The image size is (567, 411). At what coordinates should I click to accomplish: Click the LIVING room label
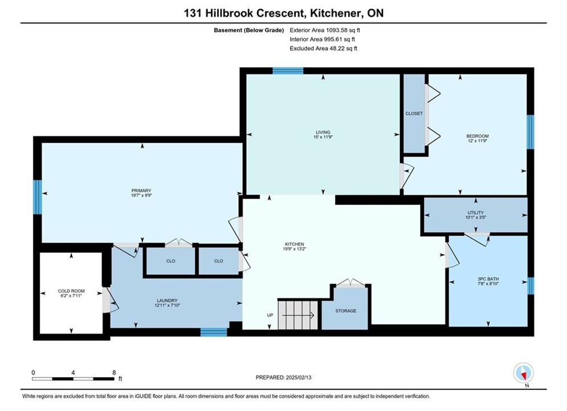click(x=323, y=132)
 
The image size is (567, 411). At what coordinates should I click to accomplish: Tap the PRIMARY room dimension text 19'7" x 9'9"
click(x=141, y=195)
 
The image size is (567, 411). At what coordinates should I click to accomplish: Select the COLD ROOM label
click(x=71, y=291)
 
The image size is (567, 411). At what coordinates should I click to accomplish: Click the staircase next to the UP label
click(x=297, y=315)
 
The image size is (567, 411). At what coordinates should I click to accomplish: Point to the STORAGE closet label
click(x=346, y=311)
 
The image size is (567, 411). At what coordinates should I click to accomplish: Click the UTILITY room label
click(x=475, y=212)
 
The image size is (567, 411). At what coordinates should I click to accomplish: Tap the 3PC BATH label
click(x=488, y=279)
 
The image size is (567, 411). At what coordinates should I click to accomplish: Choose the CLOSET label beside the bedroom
click(x=414, y=114)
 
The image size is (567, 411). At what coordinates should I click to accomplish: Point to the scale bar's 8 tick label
click(x=115, y=372)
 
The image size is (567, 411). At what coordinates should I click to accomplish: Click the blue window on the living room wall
click(x=288, y=71)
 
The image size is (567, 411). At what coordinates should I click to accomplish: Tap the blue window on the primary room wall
click(x=38, y=197)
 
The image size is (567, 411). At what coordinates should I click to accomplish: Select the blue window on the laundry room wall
click(x=214, y=332)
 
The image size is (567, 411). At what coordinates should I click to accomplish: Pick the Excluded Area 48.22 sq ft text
click(x=323, y=48)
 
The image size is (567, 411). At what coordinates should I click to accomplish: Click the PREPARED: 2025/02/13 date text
click(x=284, y=377)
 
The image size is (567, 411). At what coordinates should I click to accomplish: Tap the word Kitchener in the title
click(x=335, y=13)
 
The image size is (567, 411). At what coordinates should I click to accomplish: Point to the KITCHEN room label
click(x=295, y=244)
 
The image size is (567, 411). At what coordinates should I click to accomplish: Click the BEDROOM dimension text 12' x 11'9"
click(x=478, y=141)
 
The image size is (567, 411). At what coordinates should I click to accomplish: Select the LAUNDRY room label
click(x=167, y=300)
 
